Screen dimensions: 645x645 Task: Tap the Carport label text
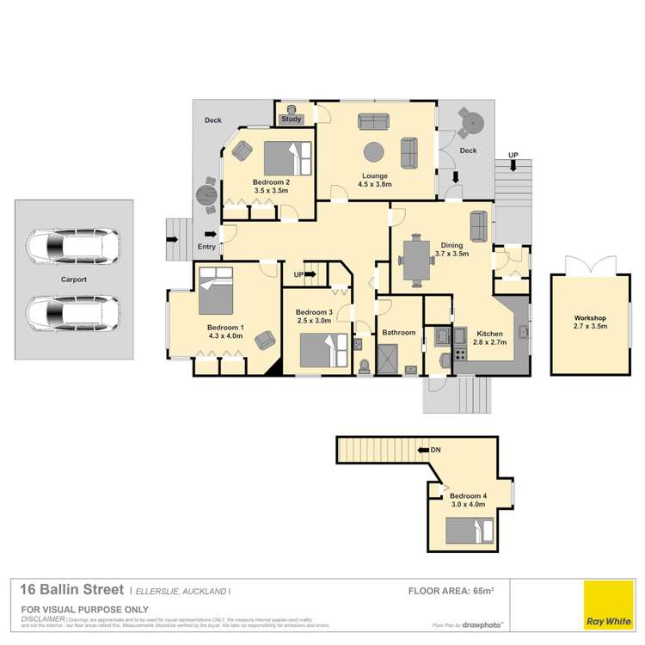(x=74, y=279)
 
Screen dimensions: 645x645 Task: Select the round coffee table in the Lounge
(x=374, y=152)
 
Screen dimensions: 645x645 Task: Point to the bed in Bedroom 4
(x=470, y=530)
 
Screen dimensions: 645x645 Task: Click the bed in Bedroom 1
(x=215, y=292)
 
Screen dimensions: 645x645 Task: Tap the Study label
(x=290, y=120)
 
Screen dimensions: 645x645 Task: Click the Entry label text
(x=207, y=247)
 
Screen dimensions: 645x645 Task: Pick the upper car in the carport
(x=73, y=247)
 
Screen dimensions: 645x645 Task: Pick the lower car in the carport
(x=73, y=313)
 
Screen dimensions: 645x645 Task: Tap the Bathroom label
(x=399, y=333)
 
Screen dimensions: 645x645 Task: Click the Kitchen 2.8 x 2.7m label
(x=472, y=337)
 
